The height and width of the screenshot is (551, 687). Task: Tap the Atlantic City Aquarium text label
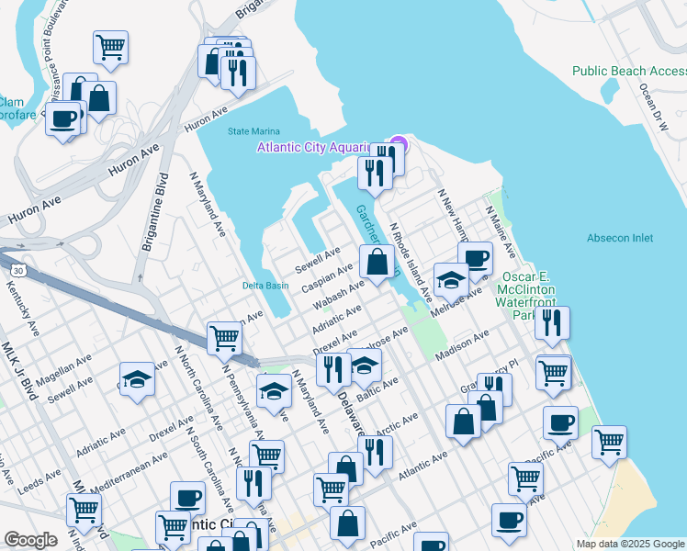[312, 147]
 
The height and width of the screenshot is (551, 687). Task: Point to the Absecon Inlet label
[620, 238]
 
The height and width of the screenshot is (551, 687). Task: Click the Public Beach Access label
[628, 71]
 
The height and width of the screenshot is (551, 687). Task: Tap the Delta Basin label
[265, 286]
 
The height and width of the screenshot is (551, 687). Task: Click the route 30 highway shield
[17, 271]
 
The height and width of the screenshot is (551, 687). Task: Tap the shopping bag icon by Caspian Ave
[377, 262]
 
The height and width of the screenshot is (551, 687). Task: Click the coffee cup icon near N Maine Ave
[475, 257]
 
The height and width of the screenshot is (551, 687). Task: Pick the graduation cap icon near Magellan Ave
[136, 378]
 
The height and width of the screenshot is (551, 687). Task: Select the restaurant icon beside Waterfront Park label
[552, 321]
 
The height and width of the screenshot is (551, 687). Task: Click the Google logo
[30, 540]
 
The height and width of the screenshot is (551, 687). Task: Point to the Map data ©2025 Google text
[629, 544]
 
